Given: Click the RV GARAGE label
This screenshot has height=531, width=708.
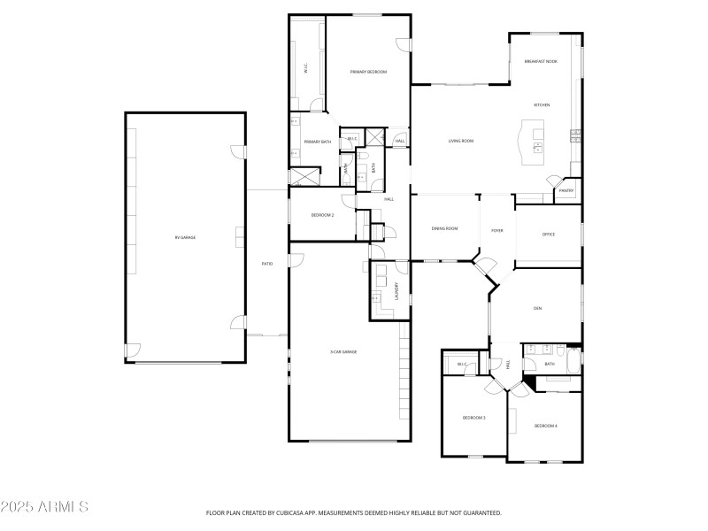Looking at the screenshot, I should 185,237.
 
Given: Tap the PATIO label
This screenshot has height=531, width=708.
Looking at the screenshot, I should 266,264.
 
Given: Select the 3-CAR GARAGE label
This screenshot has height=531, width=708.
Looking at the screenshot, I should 343,351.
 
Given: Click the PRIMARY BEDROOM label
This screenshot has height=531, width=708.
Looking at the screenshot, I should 368,72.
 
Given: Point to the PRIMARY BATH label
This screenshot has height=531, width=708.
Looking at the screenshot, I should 318,142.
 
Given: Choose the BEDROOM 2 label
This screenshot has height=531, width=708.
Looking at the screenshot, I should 322,215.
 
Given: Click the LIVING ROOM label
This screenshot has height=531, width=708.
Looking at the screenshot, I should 461,141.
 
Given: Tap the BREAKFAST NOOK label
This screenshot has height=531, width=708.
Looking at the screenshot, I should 541,62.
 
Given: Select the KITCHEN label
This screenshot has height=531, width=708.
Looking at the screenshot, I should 542,105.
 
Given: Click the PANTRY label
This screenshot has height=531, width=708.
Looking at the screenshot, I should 566,190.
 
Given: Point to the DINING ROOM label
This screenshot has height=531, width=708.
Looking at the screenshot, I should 444,229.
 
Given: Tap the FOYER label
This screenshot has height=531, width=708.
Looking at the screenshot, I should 497,230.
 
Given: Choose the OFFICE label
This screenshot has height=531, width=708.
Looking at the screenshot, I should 549,235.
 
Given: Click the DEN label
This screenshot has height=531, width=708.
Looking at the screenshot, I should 537,309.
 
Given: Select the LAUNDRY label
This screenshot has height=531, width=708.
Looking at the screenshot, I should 397,291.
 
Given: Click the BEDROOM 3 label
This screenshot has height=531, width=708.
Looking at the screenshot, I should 474,418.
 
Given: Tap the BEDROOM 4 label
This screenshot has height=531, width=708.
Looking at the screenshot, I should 545,426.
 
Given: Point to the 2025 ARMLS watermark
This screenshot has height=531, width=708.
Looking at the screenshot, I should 44,507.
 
